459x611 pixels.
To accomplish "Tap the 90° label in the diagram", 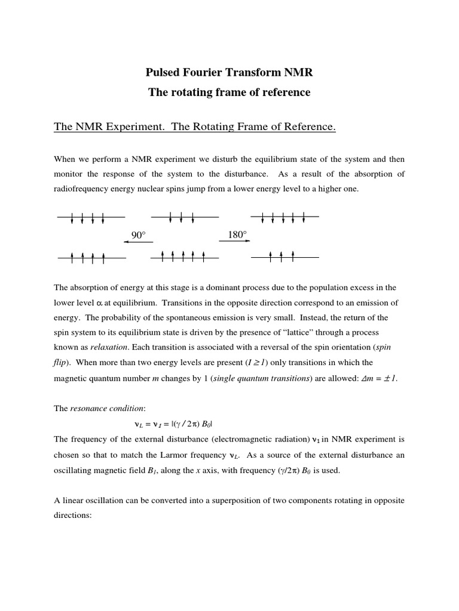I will pos(138,235).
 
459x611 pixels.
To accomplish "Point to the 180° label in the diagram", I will pos(237,234).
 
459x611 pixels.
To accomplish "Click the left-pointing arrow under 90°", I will pos(138,242).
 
